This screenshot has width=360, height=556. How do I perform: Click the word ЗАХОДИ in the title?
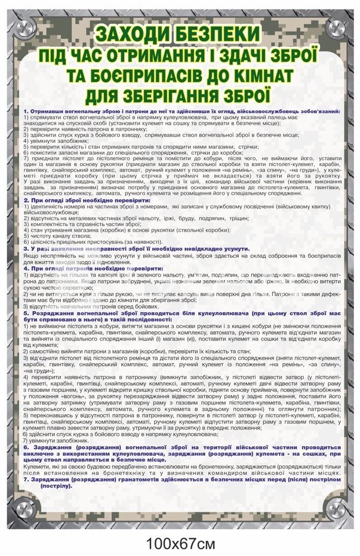click(x=136, y=33)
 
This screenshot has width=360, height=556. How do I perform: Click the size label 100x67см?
click(x=179, y=543)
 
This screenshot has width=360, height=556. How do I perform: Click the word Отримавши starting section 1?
click(x=48, y=112)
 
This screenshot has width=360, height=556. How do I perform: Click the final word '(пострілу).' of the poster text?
click(x=57, y=485)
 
